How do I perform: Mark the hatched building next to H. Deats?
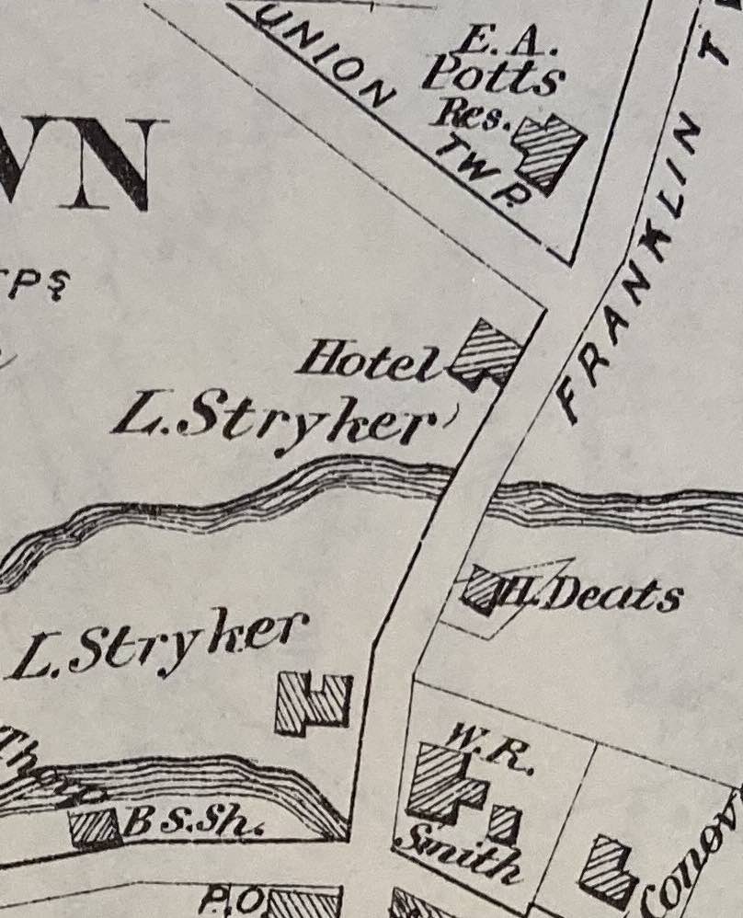point(482,590)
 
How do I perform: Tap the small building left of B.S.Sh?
point(95,827)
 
